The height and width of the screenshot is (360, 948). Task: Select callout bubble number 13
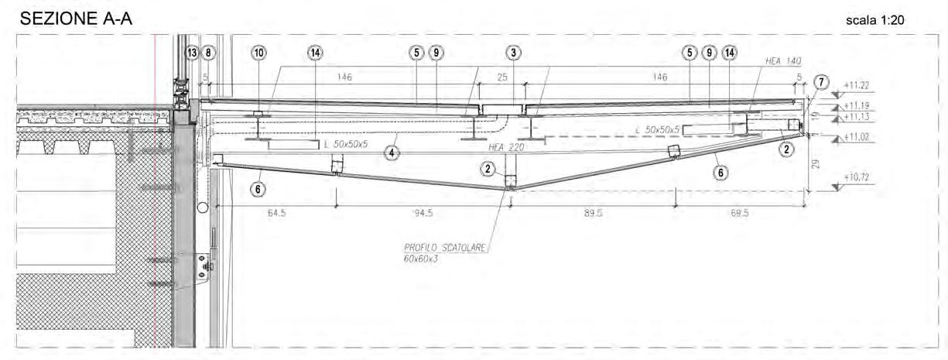coord(193,53)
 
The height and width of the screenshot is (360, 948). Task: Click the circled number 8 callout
coord(207,53)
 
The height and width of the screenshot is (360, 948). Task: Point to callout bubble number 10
coord(258,53)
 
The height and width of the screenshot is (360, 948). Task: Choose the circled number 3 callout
coord(513,53)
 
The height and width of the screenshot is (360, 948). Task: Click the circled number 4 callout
coord(392,153)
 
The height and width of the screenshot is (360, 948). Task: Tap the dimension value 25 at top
coord(502,77)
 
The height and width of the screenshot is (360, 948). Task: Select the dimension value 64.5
coord(276,214)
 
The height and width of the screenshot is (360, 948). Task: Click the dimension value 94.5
coord(421,214)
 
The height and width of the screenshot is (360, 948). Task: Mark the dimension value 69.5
coord(739,214)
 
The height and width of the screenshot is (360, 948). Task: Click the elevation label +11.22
coord(855,87)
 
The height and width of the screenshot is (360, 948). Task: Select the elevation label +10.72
coord(855,177)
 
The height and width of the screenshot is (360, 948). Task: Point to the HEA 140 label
coord(781,60)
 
